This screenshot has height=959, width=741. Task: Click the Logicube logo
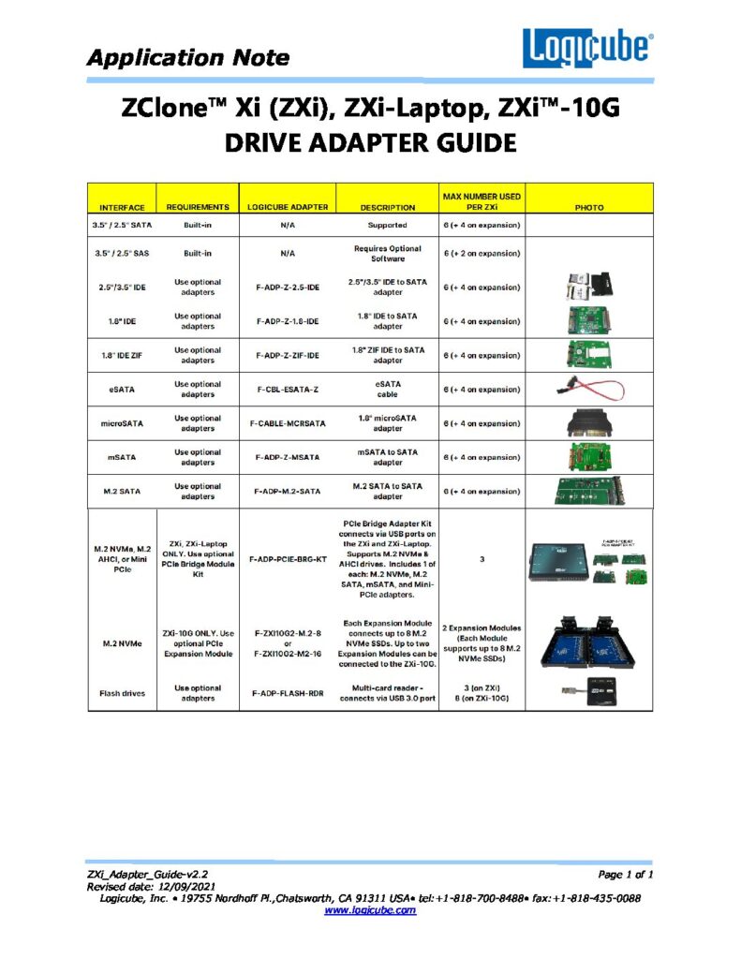[587, 47]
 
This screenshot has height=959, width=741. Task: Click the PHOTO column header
[589, 207]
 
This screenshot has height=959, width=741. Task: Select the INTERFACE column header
[122, 207]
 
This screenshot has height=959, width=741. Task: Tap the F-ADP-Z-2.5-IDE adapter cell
[287, 288]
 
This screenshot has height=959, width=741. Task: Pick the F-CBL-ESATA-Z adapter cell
[287, 390]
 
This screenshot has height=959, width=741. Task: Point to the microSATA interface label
[122, 423]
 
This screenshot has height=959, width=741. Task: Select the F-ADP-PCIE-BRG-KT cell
[287, 558]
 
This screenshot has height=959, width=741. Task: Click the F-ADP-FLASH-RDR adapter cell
[287, 693]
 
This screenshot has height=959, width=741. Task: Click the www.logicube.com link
[370, 909]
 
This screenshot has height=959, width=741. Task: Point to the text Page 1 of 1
[625, 875]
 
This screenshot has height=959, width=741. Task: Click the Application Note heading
[187, 57]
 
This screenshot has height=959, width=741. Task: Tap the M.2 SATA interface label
[122, 491]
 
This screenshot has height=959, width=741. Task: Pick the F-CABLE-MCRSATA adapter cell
[287, 423]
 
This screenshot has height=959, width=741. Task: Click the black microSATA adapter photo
[589, 423]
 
